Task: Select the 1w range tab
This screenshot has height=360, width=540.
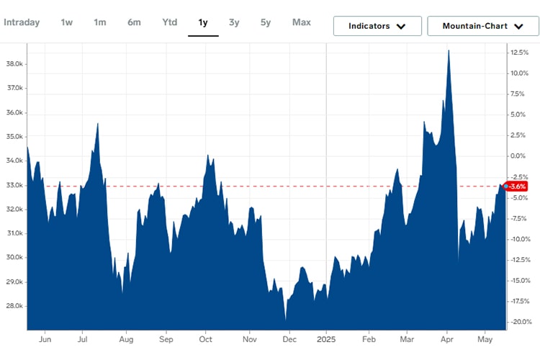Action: pos(66,22)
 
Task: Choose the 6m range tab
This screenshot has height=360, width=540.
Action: pos(134,22)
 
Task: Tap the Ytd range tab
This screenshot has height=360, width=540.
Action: pos(169,22)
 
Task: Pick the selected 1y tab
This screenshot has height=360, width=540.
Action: pos(203,22)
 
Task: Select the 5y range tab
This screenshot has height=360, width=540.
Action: pos(266,22)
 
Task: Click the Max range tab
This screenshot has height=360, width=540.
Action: pos(302,22)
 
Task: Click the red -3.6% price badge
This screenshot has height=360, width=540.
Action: pos(518,186)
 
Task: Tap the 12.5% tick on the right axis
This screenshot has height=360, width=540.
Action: pos(520,53)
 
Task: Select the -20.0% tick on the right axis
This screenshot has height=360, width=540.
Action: pos(520,322)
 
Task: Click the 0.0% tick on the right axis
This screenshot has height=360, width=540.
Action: pos(520,156)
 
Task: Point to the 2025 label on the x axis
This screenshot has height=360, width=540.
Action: pos(326,338)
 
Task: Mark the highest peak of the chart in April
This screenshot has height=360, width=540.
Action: pos(449,50)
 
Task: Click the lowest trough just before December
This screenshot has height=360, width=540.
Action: pos(286,320)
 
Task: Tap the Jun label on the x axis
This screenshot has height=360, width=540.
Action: pos(45,338)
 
